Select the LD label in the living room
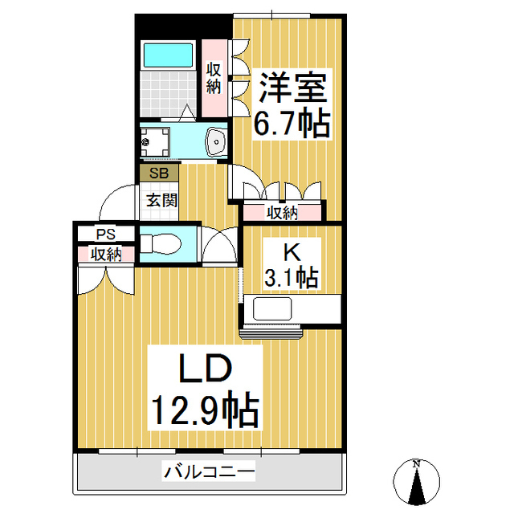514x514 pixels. (x=204, y=372)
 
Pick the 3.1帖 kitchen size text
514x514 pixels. (x=292, y=277)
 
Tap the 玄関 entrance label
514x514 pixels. (x=161, y=200)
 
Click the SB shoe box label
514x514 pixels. (x=158, y=172)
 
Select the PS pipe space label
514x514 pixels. (x=105, y=235)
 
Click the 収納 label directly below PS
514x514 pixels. (x=105, y=255)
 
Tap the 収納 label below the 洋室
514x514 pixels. (x=283, y=213)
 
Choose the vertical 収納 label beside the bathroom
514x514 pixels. (x=214, y=78)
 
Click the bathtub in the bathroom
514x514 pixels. (x=169, y=55)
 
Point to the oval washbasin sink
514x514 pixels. (x=216, y=142)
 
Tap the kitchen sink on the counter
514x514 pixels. (x=272, y=309)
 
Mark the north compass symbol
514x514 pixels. (x=417, y=483)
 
